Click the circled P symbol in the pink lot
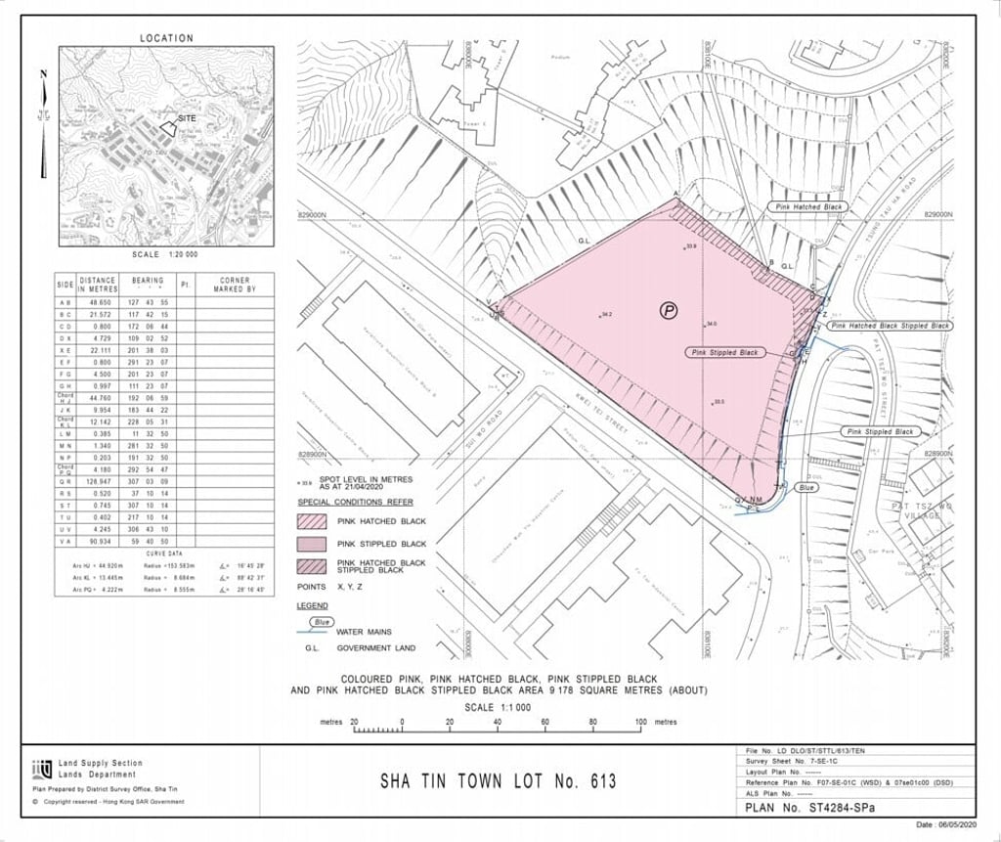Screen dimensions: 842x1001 pos(669,311)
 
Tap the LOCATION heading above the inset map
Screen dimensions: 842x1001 pos(166,38)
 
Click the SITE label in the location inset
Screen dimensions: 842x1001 pos(188,117)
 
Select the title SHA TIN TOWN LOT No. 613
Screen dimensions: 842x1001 pos(498,781)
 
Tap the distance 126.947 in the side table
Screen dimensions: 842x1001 pos(98,482)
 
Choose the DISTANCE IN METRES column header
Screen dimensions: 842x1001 pos(98,285)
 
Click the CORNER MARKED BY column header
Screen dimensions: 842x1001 pos(237,285)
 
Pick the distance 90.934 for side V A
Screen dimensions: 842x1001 pos(98,541)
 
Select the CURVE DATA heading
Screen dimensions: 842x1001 pos(164,553)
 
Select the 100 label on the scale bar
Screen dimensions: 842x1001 pos(639,722)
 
